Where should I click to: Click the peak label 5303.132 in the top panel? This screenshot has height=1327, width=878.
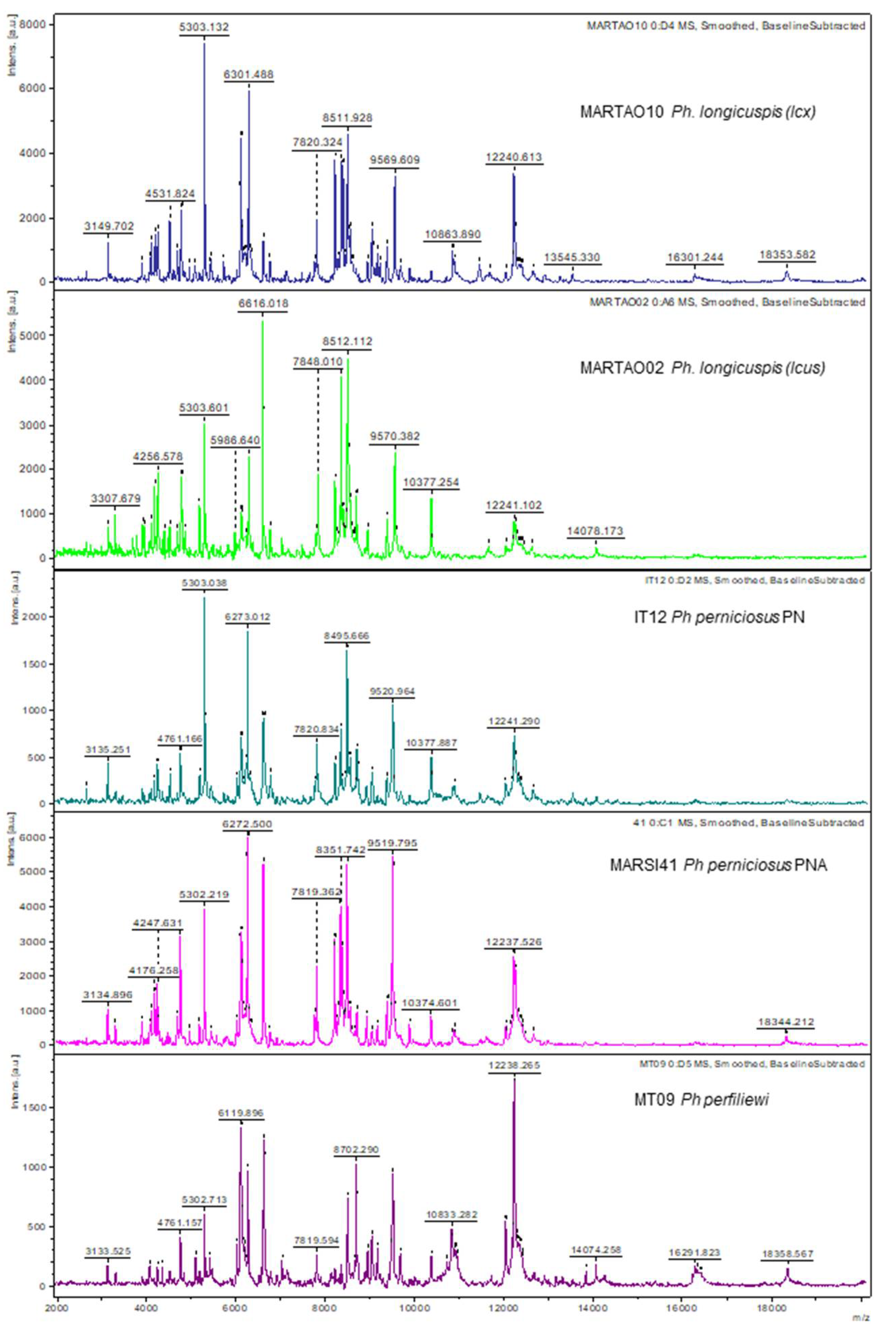coord(205,26)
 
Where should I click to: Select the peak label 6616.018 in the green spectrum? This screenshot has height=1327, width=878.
coord(263,303)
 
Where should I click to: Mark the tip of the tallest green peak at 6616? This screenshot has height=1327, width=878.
coord(263,321)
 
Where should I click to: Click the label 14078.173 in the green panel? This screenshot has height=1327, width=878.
coord(595,530)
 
